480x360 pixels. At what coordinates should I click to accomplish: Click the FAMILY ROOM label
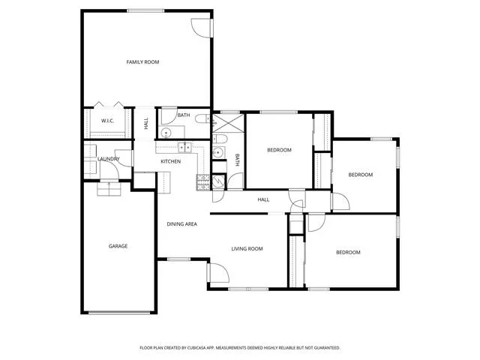142,62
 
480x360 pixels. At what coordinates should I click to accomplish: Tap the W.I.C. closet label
107,121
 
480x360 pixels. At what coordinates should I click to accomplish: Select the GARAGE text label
118,246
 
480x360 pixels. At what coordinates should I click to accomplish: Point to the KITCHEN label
170,161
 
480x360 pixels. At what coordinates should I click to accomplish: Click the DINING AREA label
181,224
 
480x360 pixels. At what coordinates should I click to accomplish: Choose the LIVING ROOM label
247,249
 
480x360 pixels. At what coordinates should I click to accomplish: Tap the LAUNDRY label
108,159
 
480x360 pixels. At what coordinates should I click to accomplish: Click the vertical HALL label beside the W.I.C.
145,123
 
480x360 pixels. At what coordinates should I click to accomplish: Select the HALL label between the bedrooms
263,200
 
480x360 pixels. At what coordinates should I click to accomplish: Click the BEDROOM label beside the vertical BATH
279,150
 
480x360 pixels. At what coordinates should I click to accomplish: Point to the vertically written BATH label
237,160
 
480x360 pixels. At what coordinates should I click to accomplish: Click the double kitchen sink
185,148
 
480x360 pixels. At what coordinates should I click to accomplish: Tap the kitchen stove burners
203,182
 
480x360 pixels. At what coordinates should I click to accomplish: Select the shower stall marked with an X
228,123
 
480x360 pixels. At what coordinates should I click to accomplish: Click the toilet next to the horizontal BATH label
202,118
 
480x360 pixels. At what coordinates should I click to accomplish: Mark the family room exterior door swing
201,28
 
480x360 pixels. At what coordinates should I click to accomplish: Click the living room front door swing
219,272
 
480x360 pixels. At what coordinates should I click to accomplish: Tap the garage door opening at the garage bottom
119,313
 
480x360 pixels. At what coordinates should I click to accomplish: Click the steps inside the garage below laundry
109,189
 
